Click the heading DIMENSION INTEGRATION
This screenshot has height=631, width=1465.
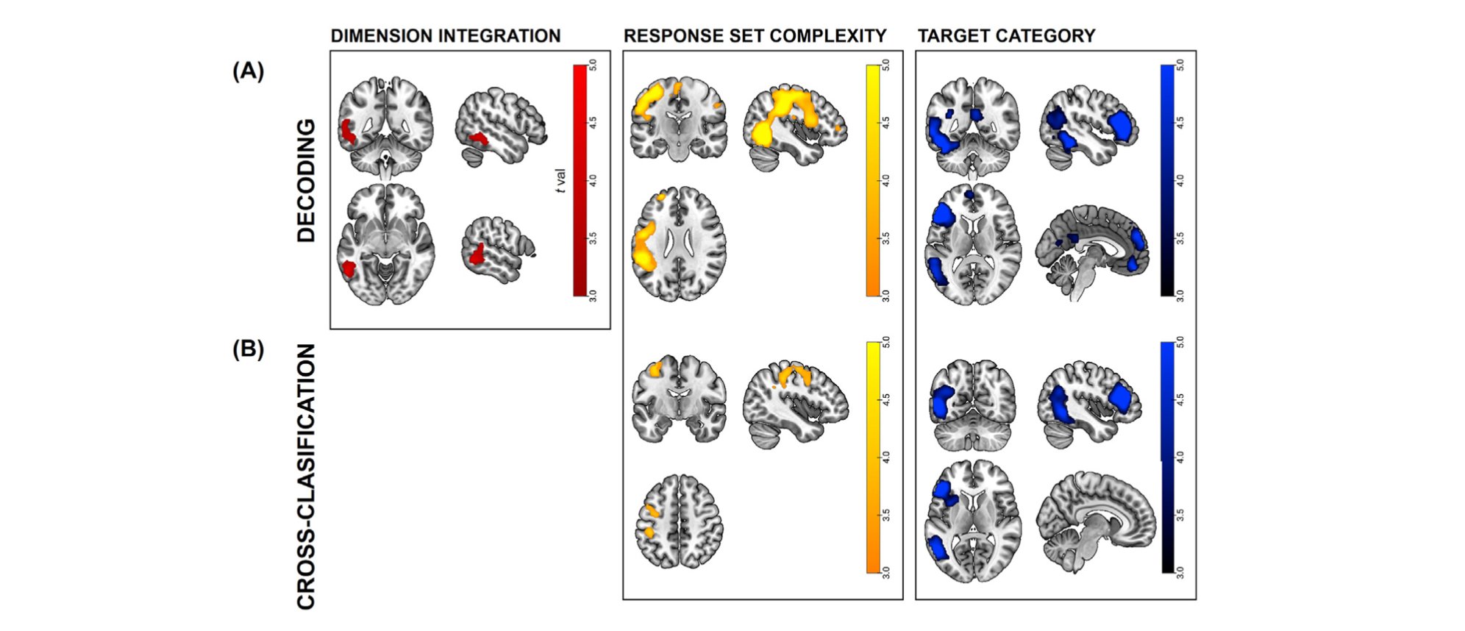click(445, 36)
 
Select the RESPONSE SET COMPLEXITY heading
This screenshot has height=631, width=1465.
click(755, 36)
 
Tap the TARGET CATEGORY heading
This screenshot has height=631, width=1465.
click(1006, 36)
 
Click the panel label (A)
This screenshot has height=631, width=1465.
click(248, 71)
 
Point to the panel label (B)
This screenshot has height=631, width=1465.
click(248, 349)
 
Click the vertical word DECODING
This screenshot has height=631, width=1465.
click(306, 181)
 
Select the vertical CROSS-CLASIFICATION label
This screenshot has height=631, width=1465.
click(306, 477)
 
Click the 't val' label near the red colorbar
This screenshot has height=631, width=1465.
click(561, 181)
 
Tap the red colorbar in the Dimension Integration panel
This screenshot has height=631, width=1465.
click(580, 181)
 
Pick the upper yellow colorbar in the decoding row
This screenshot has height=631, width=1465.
click(873, 181)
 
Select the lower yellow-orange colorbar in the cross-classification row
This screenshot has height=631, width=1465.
click(873, 457)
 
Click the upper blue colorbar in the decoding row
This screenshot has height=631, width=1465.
click(1167, 181)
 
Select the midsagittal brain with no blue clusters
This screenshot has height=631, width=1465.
click(1096, 519)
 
